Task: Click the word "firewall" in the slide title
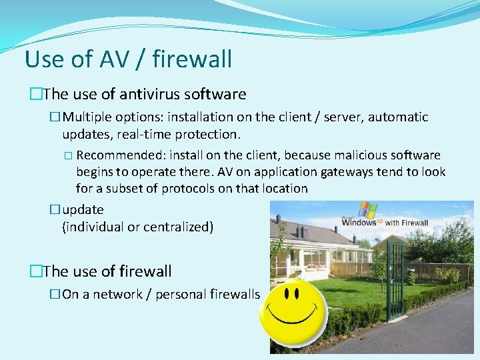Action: pyautogui.click(x=192, y=59)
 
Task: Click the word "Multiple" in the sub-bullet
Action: pyautogui.click(x=88, y=117)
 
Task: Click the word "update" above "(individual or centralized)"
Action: pyautogui.click(x=83, y=210)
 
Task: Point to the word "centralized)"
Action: pyautogui.click(x=181, y=227)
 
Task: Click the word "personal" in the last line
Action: pyautogui.click(x=180, y=295)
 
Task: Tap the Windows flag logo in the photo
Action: pyautogui.click(x=367, y=209)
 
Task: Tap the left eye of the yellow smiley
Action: pyautogui.click(x=286, y=294)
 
